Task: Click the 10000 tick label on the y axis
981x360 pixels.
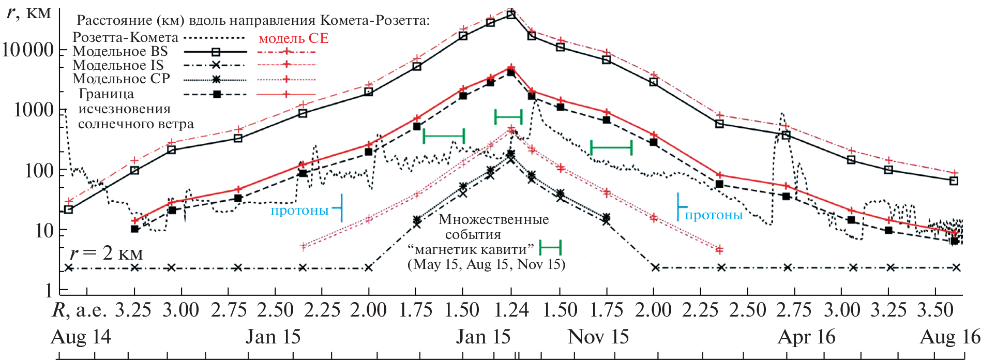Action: click(x=28, y=50)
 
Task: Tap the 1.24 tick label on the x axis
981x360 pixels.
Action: click(x=511, y=310)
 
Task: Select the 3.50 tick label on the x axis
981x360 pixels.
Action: click(x=935, y=310)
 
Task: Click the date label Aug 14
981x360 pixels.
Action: click(x=81, y=337)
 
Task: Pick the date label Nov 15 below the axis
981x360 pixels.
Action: click(x=598, y=337)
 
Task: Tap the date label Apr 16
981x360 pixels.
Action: click(x=806, y=337)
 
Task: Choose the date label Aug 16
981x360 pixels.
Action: click(x=950, y=337)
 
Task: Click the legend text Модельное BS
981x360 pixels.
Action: click(x=120, y=51)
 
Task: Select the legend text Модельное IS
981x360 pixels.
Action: click(x=118, y=65)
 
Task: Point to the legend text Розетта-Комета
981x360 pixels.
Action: click(x=126, y=37)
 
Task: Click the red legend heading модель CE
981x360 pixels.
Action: click(x=293, y=38)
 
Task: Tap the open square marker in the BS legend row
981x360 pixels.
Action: click(x=216, y=52)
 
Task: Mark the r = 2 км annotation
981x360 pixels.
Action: click(x=106, y=253)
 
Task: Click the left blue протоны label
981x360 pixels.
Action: click(x=300, y=211)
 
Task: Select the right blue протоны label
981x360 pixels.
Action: click(x=714, y=215)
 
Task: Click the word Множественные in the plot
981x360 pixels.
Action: click(x=494, y=219)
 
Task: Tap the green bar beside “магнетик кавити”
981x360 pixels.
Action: click(x=550, y=248)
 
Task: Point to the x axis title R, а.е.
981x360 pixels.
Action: click(x=79, y=310)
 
